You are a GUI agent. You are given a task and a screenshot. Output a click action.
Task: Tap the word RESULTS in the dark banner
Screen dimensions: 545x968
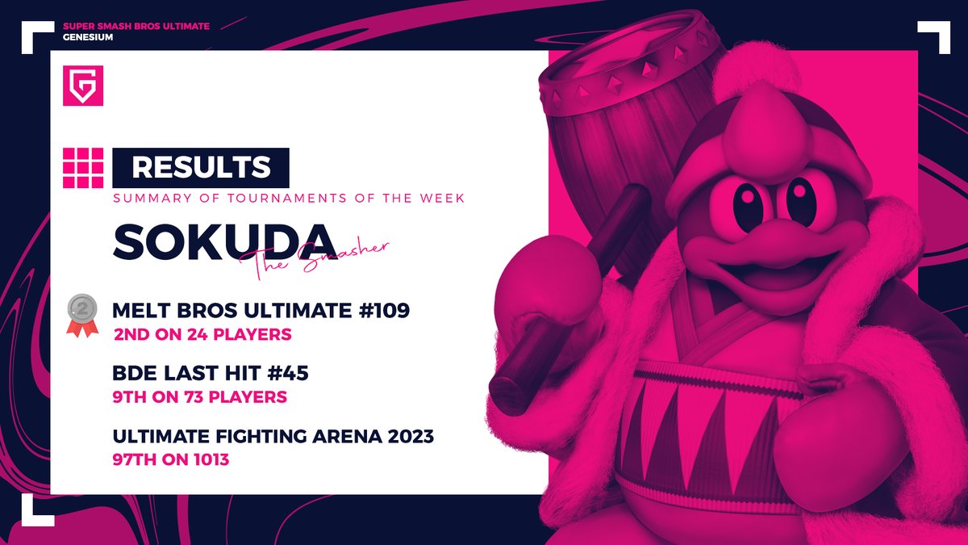tap(201, 167)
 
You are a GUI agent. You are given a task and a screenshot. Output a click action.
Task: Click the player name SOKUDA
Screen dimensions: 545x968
tap(224, 241)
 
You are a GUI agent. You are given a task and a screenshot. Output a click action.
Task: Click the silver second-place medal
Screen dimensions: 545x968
tap(81, 313)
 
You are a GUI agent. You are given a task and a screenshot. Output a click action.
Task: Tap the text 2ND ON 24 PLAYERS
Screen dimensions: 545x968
tap(202, 334)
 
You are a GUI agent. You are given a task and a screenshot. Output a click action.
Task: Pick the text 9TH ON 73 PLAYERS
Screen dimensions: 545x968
tap(199, 397)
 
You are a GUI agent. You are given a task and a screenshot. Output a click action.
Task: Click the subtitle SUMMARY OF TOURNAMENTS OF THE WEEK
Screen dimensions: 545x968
tap(288, 199)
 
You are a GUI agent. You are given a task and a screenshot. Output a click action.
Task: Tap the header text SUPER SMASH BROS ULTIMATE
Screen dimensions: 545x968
tap(136, 26)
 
